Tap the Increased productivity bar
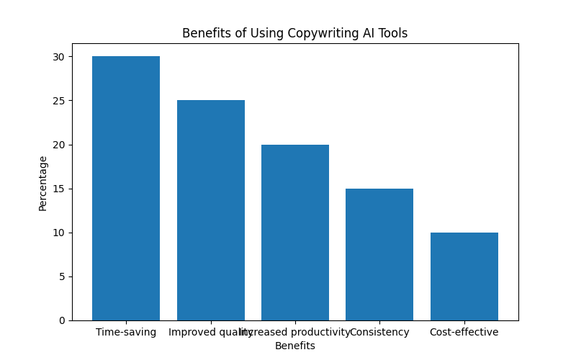pyautogui.click(x=295, y=233)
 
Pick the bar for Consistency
pyautogui.click(x=379, y=254)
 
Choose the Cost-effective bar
pyautogui.click(x=464, y=276)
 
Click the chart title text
pyautogui.click(x=294, y=33)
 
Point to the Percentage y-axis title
pyautogui.click(x=43, y=183)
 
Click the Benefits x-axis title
pyautogui.click(x=294, y=346)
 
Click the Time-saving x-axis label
pyautogui.click(x=126, y=332)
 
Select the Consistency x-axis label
pyautogui.click(x=379, y=332)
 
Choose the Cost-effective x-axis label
pyautogui.click(x=464, y=332)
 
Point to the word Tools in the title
pyautogui.click(x=393, y=33)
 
